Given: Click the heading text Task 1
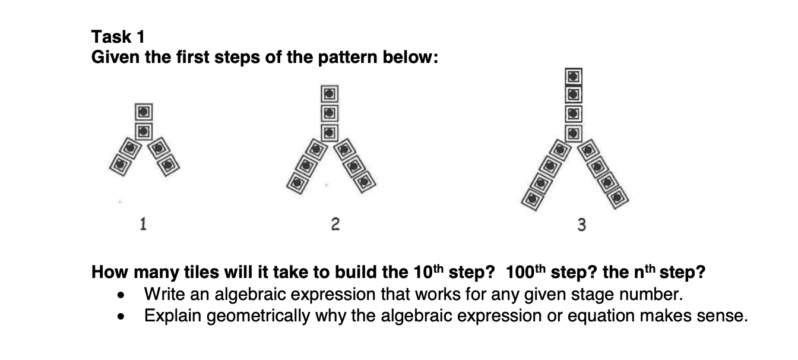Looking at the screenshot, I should [x=118, y=37].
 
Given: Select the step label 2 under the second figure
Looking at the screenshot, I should [x=335, y=224].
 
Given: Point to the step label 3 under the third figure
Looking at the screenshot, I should [x=581, y=225].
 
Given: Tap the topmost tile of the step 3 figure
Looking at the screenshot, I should [x=572, y=76].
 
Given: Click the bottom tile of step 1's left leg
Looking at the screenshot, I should [x=120, y=163].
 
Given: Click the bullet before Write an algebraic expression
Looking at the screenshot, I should [x=122, y=295].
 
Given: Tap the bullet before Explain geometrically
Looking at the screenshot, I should [x=122, y=316].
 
